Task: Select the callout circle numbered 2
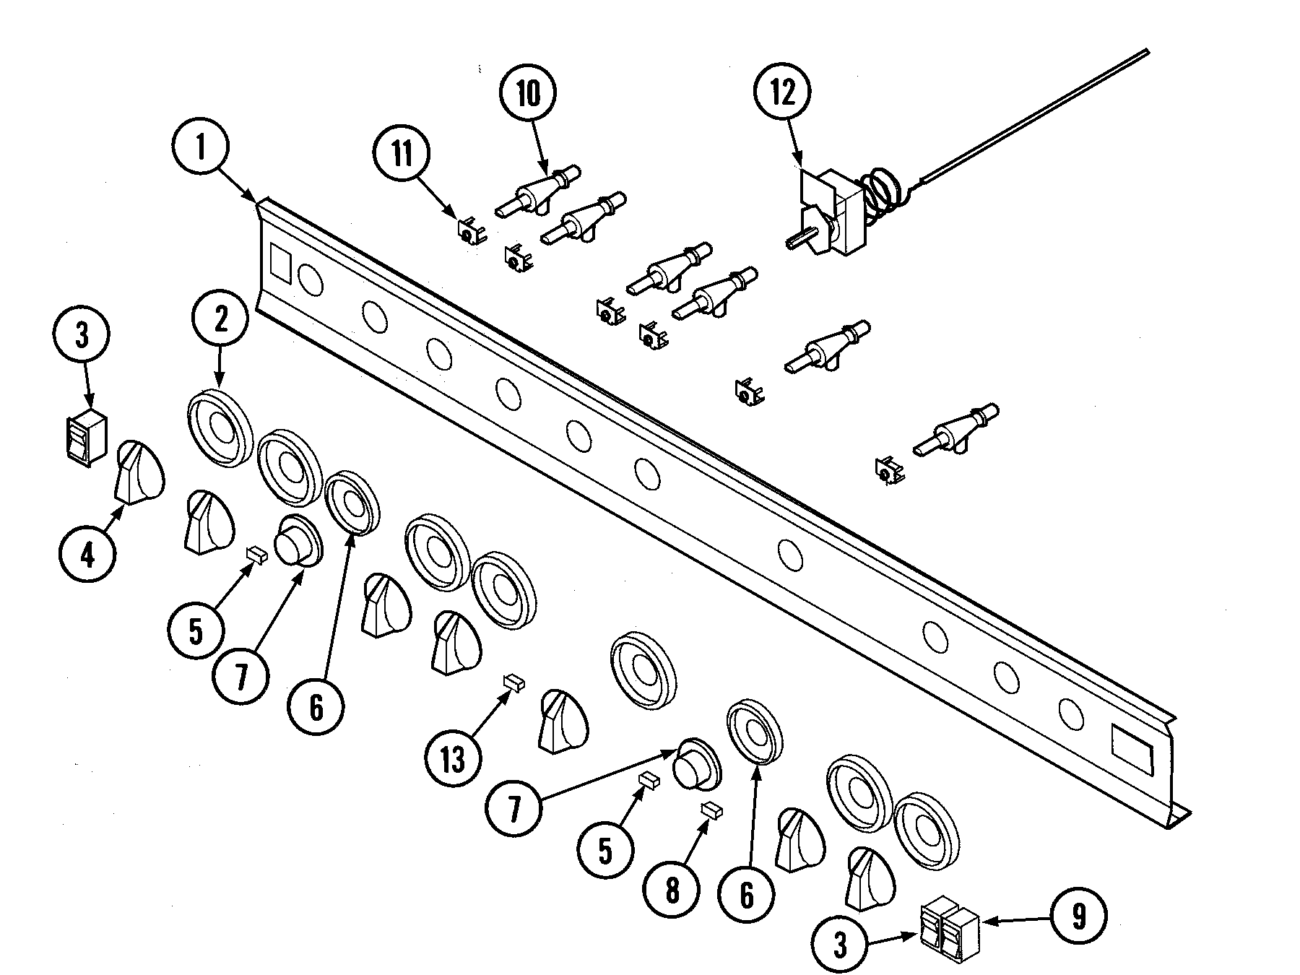[220, 318]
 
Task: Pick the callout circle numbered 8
[672, 890]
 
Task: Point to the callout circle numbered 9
[1078, 916]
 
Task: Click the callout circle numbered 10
[529, 93]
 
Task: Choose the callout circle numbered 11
[402, 154]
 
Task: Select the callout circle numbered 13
[453, 758]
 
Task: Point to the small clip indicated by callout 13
[513, 682]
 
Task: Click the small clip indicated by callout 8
[713, 810]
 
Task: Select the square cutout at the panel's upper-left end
[279, 262]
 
